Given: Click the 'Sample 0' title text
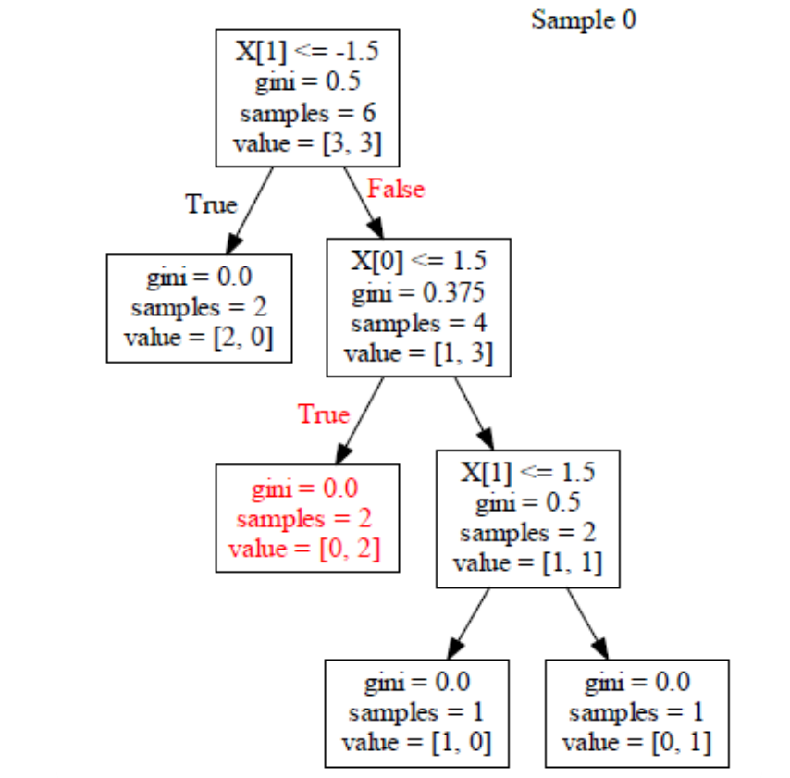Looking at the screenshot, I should pyautogui.click(x=583, y=19).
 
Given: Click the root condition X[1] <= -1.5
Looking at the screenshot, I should pyautogui.click(x=307, y=50).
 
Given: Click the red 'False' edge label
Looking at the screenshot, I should pyautogui.click(x=395, y=189).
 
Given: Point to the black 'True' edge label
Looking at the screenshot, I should pyautogui.click(x=211, y=204).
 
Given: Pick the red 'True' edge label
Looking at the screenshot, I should pyautogui.click(x=324, y=414).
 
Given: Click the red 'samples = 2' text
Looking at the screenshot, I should pyautogui.click(x=307, y=518).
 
